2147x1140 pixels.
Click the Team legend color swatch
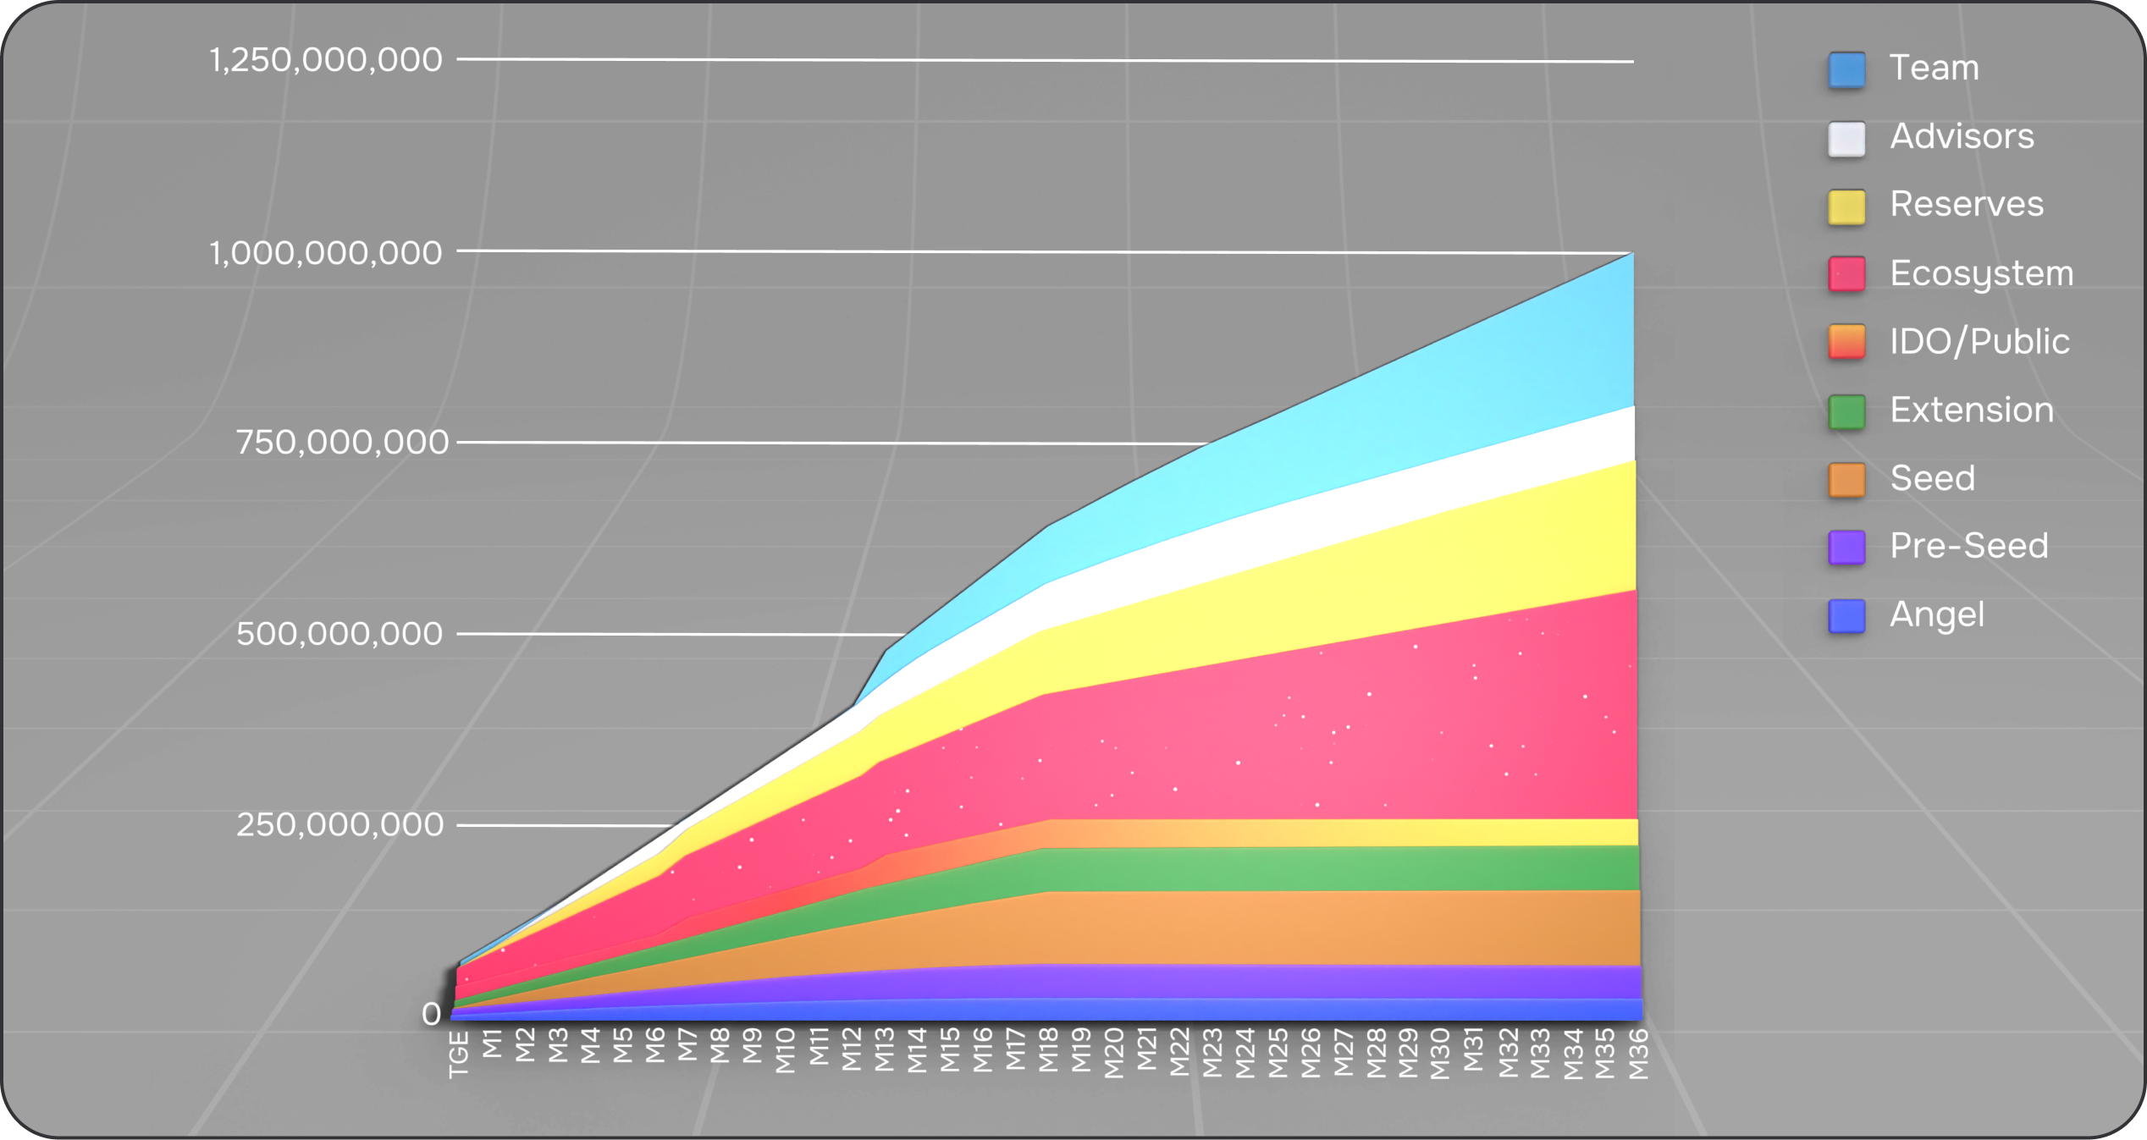pyautogui.click(x=1846, y=70)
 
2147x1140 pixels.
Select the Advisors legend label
pyautogui.click(x=1962, y=136)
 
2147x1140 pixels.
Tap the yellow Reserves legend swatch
pyautogui.click(x=1846, y=207)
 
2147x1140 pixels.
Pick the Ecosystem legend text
pyautogui.click(x=1981, y=273)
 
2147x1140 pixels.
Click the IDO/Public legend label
pyautogui.click(x=1979, y=341)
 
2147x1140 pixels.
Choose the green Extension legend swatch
pyautogui.click(x=1846, y=412)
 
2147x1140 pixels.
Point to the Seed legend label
pyautogui.click(x=1932, y=478)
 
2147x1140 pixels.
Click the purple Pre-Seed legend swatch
pyautogui.click(x=1846, y=548)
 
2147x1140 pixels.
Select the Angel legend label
pyautogui.click(x=1936, y=614)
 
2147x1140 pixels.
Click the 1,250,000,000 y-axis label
pyautogui.click(x=326, y=60)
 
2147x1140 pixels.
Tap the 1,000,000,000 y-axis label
pyautogui.click(x=326, y=253)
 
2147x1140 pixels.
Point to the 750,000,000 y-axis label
pyautogui.click(x=341, y=442)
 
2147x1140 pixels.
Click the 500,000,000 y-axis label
pyautogui.click(x=339, y=634)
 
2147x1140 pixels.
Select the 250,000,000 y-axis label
pyautogui.click(x=339, y=824)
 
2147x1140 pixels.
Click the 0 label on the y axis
pyautogui.click(x=431, y=1014)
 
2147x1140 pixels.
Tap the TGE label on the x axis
pyautogui.click(x=459, y=1055)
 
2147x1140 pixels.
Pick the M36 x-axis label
pyautogui.click(x=1639, y=1055)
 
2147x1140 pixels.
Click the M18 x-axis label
pyautogui.click(x=1049, y=1050)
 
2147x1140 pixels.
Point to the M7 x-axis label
pyautogui.click(x=687, y=1045)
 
